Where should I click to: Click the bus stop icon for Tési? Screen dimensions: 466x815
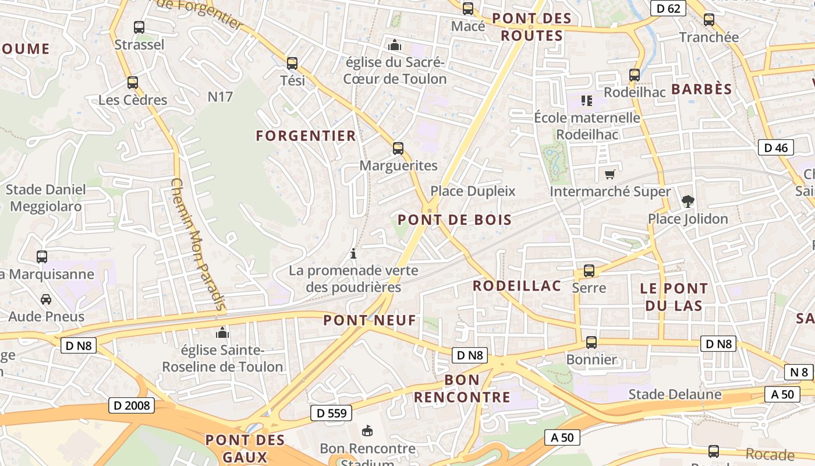(292, 63)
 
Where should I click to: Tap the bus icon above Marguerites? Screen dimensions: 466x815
(398, 149)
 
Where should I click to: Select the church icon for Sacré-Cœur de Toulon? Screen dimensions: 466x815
(395, 45)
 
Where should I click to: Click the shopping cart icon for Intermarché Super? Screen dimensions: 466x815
(610, 174)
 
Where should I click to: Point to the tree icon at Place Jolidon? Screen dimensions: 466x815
(688, 202)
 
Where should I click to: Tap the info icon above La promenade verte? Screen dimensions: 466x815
(353, 253)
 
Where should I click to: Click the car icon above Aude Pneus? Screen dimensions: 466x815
(46, 299)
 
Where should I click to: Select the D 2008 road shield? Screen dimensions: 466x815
(132, 405)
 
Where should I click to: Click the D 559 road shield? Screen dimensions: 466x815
(332, 413)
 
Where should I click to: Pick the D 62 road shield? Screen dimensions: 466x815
(668, 8)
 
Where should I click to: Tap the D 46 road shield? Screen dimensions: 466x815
(776, 147)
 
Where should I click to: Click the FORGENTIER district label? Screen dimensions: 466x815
(306, 136)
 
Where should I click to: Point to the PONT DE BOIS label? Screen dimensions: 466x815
(455, 220)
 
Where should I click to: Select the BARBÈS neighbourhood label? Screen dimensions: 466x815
(701, 89)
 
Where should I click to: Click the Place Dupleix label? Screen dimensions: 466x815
(473, 191)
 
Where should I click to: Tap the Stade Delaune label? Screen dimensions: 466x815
(675, 394)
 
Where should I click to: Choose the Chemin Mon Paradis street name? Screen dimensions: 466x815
(198, 243)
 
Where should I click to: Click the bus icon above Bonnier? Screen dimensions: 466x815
(591, 343)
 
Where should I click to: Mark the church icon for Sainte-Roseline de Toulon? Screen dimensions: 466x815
(222, 333)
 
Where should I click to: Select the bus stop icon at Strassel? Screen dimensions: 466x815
(139, 27)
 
